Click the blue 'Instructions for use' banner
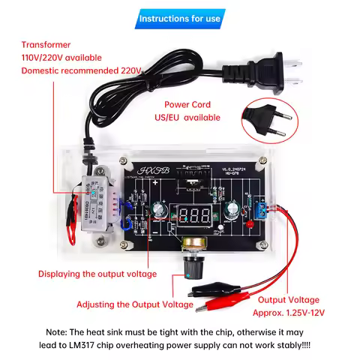(180, 17)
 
